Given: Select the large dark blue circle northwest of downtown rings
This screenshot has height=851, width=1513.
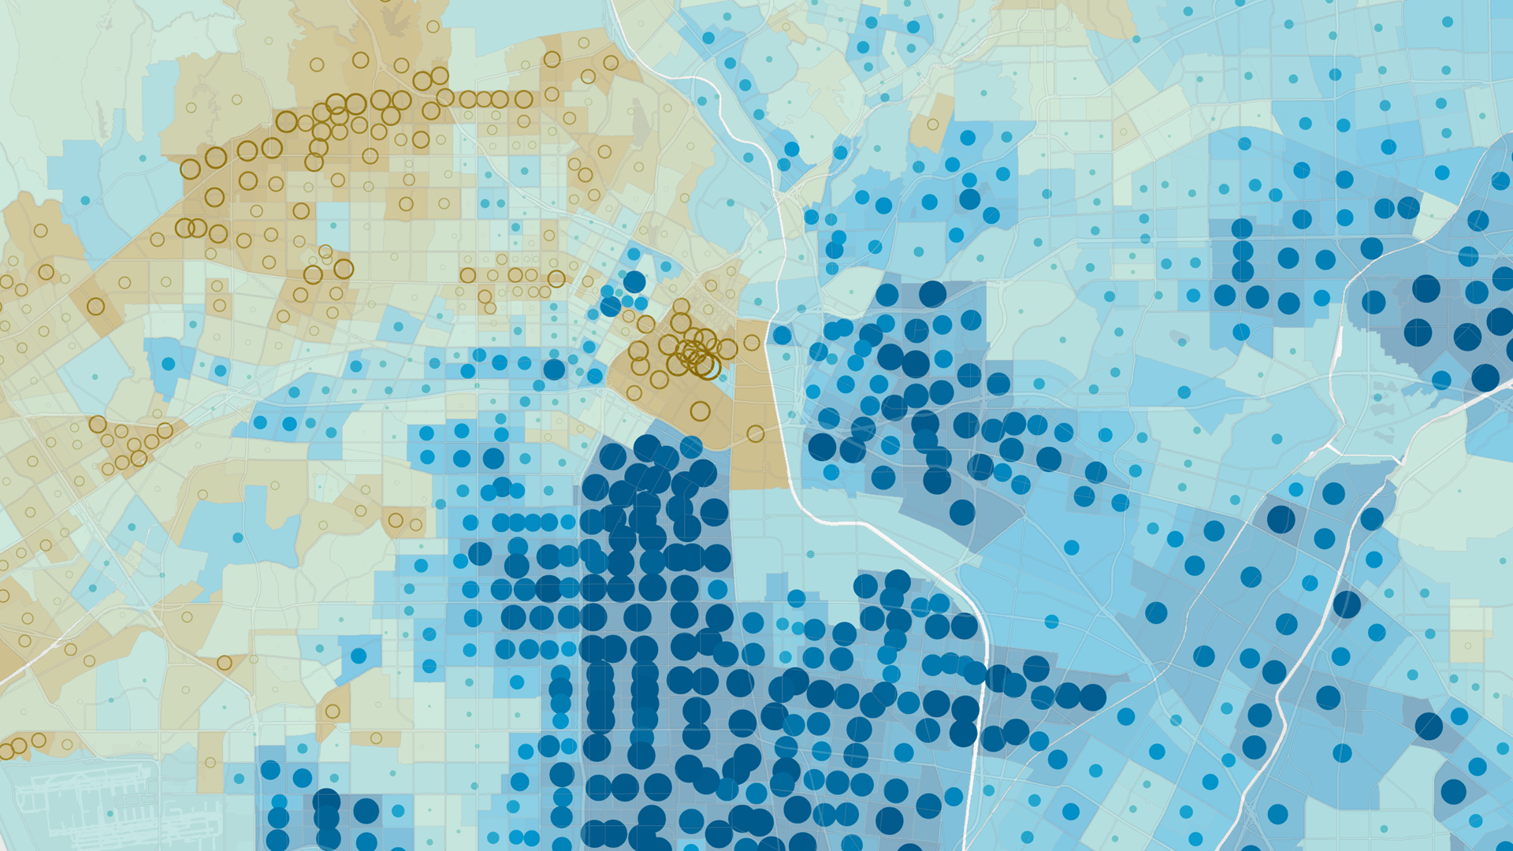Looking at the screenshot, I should [634, 281].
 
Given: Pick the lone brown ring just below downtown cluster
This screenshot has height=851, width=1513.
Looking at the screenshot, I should [700, 411].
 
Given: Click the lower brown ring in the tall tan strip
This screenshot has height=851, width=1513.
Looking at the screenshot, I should [756, 433].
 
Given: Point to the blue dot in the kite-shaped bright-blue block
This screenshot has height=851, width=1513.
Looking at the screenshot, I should [359, 656].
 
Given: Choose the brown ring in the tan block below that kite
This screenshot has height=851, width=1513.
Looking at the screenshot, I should [333, 712].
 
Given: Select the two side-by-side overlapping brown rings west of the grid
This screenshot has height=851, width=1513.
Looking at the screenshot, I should [190, 229].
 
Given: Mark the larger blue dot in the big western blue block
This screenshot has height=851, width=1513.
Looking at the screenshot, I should [169, 364].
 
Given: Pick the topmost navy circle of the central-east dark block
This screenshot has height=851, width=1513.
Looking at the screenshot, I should [932, 294].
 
